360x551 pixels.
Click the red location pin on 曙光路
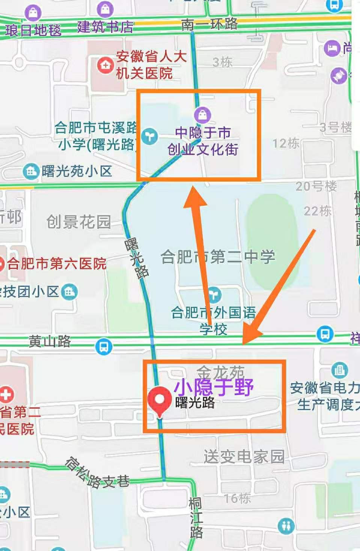[x=160, y=400]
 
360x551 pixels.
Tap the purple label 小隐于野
[x=214, y=386]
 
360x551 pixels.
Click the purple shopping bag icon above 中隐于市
[x=203, y=115]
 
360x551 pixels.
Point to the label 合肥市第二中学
[x=218, y=257]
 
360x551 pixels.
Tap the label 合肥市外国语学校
[x=213, y=320]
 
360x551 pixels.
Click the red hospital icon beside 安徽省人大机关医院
[x=105, y=65]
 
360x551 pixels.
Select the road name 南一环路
[x=209, y=24]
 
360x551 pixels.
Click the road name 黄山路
[x=50, y=341]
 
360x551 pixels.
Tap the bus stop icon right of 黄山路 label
[x=104, y=346]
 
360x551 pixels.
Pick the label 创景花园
[x=78, y=222]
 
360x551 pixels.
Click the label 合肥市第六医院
[x=56, y=264]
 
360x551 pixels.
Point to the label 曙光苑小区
[x=77, y=171]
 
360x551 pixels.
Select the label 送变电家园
[x=244, y=457]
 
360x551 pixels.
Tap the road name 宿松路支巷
[x=97, y=473]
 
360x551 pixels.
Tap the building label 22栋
[x=317, y=211]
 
